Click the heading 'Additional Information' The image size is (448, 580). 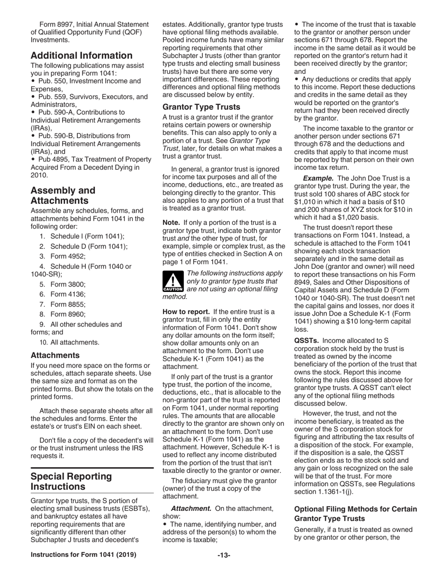pyautogui.click(x=82, y=56)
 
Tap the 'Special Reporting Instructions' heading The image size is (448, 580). pyautogui.click(x=71, y=481)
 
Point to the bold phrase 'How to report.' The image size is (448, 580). pyautogui.click(x=186, y=312)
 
